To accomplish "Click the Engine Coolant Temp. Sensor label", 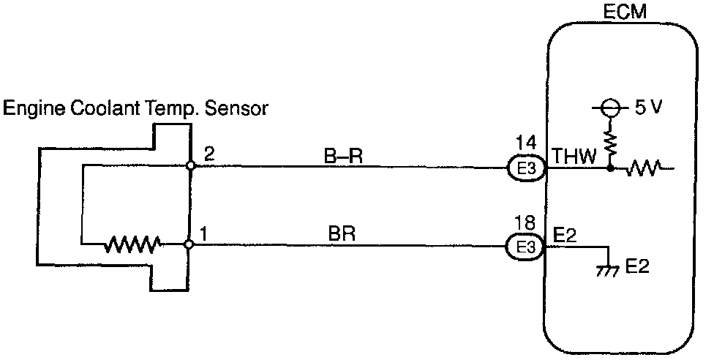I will coord(136,110).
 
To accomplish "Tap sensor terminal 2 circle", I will coord(189,166).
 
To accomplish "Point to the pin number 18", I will coord(525,221).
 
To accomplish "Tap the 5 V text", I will coord(648,110).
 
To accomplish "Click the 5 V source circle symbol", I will coord(609,110).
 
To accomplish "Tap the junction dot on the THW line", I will coord(609,169).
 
